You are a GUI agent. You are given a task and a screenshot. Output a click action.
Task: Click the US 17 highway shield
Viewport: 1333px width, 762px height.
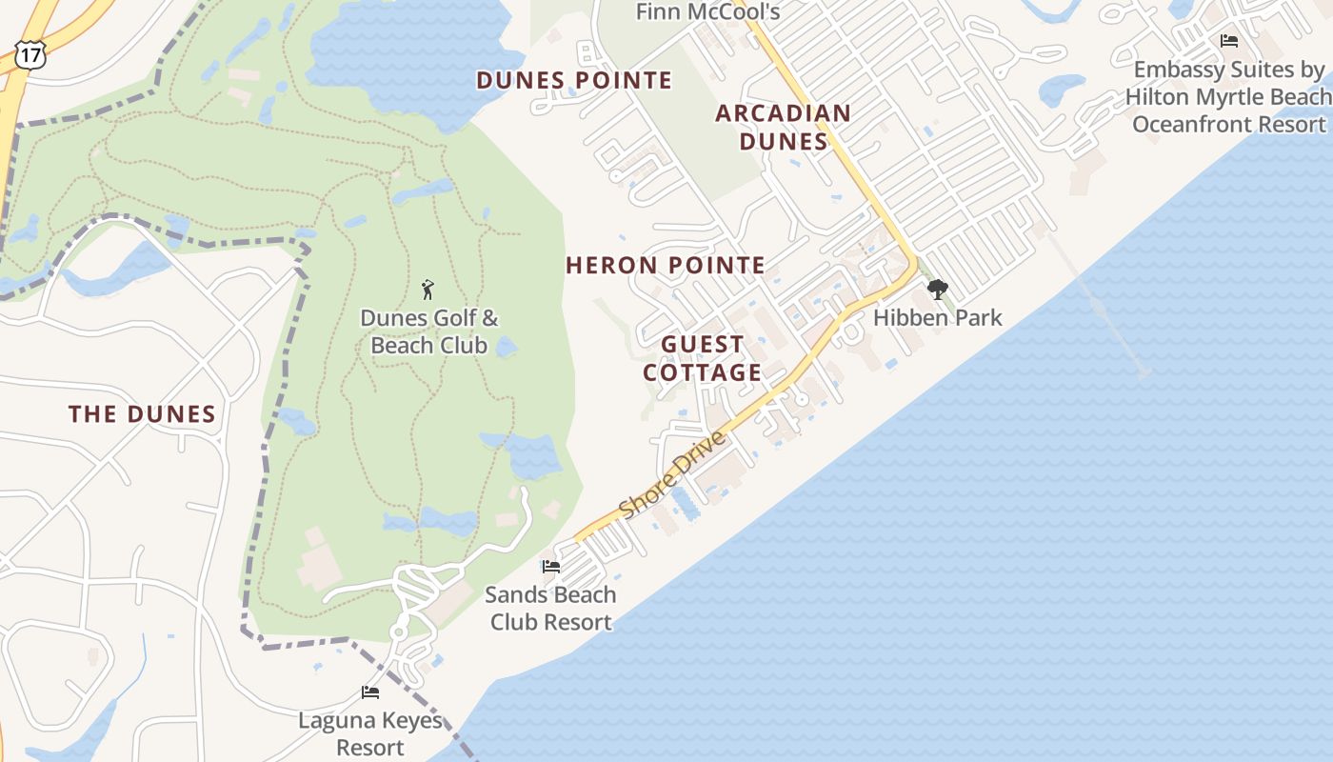click(30, 55)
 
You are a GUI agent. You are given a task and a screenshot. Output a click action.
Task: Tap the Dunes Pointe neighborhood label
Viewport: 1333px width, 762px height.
click(574, 80)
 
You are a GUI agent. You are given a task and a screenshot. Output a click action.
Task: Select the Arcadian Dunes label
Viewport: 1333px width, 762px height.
click(783, 127)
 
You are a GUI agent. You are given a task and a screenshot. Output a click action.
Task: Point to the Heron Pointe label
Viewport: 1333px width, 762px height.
click(666, 265)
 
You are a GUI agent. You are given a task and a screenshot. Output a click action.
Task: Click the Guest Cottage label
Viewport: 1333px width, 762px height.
click(703, 358)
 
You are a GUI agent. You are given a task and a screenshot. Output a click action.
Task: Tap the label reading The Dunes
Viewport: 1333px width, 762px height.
click(142, 413)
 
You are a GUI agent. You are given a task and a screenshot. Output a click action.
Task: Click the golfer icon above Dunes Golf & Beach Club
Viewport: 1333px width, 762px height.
click(428, 289)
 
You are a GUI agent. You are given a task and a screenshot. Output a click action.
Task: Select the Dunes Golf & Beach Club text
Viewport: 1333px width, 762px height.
click(428, 331)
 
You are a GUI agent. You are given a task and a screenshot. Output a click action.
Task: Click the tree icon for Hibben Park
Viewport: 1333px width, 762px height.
click(937, 289)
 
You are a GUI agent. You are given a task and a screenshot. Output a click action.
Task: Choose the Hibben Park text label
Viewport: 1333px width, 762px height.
click(937, 318)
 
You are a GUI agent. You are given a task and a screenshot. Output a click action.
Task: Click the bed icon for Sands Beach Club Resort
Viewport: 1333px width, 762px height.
click(550, 567)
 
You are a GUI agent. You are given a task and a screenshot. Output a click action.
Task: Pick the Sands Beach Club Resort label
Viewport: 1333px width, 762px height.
click(550, 609)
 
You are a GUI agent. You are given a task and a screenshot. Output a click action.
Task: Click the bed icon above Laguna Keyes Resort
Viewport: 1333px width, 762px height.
click(370, 692)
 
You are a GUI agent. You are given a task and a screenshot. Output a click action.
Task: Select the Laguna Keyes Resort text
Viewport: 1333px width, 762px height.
click(370, 733)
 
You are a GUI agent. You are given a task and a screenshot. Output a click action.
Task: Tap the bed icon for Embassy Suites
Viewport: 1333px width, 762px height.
click(1228, 41)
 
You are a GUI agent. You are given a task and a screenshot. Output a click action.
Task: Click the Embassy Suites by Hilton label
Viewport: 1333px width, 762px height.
click(1228, 97)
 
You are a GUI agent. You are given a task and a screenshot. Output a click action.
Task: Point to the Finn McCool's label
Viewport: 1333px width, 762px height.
click(707, 11)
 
